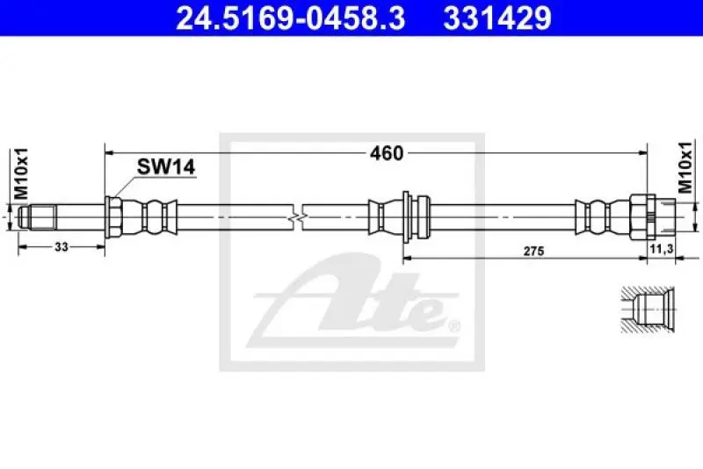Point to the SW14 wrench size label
pos(164,167)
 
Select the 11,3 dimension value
pos(660,251)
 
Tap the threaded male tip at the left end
pos(40,215)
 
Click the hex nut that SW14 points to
pos(112,215)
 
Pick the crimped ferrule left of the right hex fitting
pos(599,214)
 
